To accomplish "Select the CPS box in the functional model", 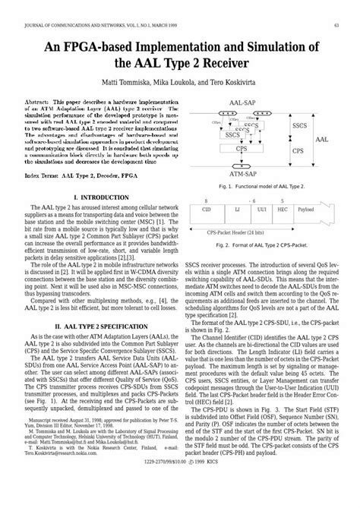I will pyautogui.click(x=263, y=149).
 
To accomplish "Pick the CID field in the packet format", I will pyautogui.click(x=206, y=207).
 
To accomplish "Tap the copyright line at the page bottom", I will pyautogui.click(x=180, y=494).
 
